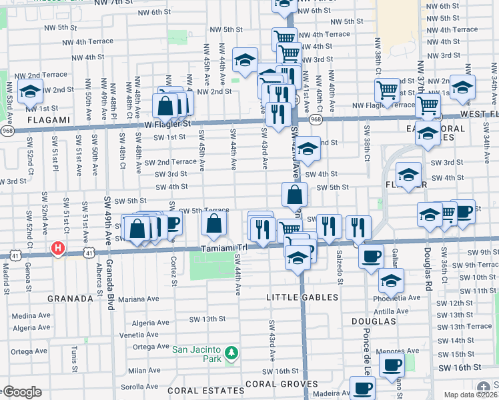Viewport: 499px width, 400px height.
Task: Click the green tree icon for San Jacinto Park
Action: tap(231, 351)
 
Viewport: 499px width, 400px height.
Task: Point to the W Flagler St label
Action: tap(164, 123)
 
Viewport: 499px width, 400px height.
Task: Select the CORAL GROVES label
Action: tap(274, 384)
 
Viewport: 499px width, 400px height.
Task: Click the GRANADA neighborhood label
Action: tap(70, 299)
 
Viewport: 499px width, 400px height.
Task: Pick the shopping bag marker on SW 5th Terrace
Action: tap(214, 225)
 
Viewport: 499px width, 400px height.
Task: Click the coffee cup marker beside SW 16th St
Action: tap(392, 364)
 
